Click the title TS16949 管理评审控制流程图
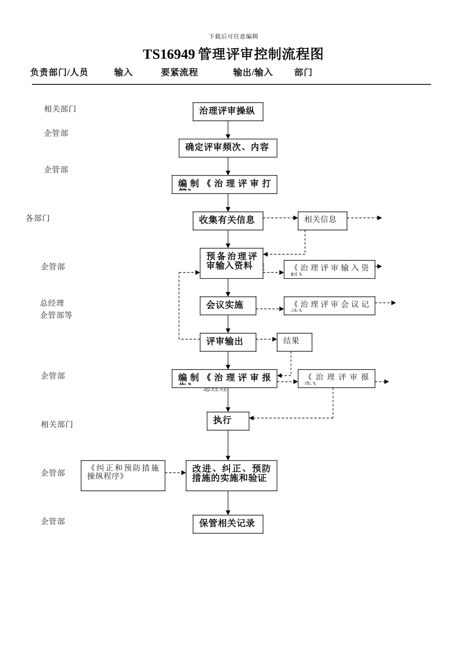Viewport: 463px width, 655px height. (233, 54)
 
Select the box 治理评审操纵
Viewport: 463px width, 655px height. (228, 112)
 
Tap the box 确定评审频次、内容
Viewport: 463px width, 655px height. (228, 148)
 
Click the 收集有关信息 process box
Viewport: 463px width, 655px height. (228, 221)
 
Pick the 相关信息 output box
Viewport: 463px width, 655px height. (322, 221)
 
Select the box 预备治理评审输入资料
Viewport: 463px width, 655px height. (231, 263)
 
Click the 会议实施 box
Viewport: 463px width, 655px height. (228, 306)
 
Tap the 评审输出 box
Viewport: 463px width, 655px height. (228, 342)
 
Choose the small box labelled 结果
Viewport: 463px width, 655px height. (294, 342)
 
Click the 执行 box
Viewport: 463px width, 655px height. (228, 421)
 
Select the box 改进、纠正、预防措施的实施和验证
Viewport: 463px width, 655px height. (231, 475)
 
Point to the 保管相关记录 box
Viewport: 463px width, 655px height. (228, 524)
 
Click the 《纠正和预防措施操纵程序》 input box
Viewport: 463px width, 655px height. (123, 475)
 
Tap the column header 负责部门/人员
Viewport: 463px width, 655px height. (59, 73)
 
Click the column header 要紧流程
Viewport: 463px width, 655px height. (179, 73)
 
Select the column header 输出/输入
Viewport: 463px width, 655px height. (253, 73)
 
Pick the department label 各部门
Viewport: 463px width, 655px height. (38, 218)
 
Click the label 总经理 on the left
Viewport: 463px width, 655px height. (52, 303)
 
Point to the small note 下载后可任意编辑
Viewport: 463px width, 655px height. (233, 37)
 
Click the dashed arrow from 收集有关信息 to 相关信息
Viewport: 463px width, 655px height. (280, 218)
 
